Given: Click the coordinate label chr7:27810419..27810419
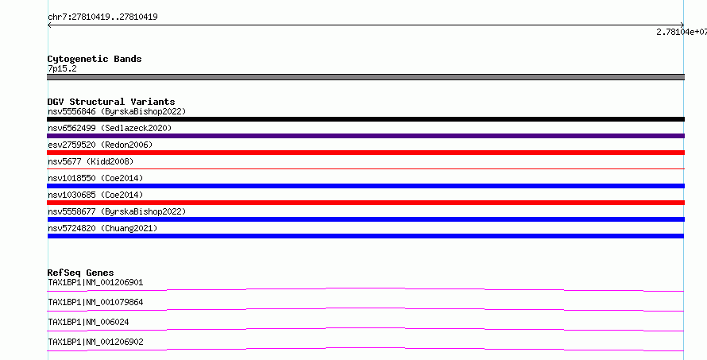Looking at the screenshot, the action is pos(102,17).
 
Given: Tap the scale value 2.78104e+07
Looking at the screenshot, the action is pos(682,32).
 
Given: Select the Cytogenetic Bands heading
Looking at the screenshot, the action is pos(95,59).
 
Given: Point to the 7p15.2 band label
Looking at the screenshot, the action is pos(62,68).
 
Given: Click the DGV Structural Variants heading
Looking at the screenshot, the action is pos(111,102).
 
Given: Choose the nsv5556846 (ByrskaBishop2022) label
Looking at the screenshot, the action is pos(117,111).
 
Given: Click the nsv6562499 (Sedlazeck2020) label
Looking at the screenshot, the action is pos(110,128).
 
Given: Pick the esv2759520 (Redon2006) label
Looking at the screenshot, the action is pos(100,145).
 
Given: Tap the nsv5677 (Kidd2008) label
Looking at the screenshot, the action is pos(91,161).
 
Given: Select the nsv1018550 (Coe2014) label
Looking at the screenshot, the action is pos(95,178).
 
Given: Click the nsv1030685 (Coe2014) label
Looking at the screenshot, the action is pos(95,195).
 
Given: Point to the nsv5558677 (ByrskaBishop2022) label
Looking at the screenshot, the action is pos(117,211).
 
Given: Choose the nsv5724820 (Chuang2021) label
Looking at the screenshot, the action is pos(102,228).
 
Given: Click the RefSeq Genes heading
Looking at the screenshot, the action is pos(80,273).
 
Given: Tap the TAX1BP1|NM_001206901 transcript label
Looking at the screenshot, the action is pos(95,282).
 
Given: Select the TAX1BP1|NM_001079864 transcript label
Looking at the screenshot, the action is pos(95,302).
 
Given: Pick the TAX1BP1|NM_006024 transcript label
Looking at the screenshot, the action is pos(88,322).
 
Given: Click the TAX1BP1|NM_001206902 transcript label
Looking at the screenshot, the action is pos(95,342).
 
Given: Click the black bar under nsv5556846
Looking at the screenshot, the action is pos(365,119).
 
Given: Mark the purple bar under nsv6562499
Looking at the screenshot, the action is pos(365,136).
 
